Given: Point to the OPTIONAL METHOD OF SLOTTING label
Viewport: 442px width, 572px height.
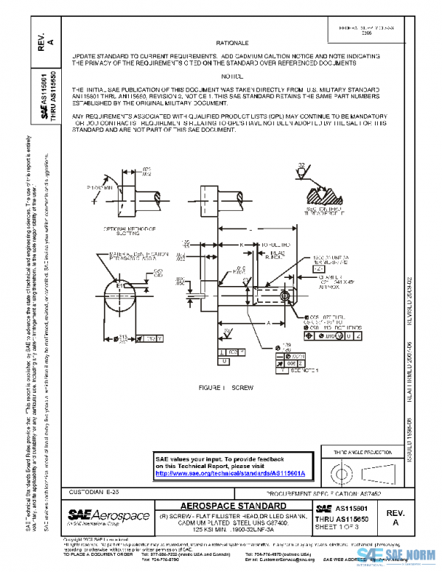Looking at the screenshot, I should [127, 231].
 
